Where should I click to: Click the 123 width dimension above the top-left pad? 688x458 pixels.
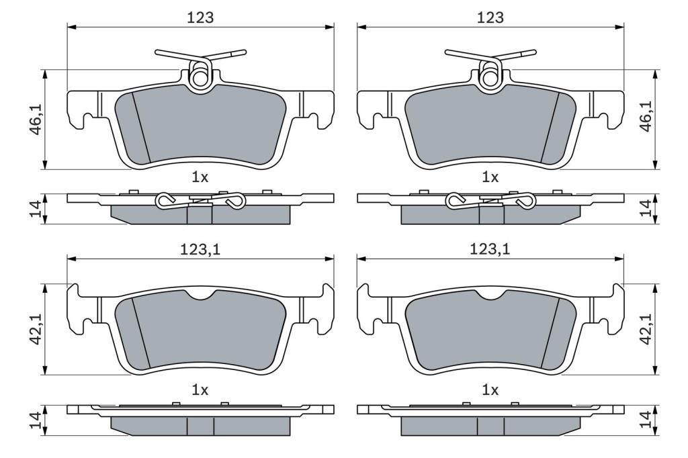(200, 17)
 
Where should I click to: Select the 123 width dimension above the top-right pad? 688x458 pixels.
(490, 17)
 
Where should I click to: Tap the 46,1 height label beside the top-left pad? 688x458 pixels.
(36, 120)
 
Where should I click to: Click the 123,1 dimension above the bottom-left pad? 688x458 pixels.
(200, 250)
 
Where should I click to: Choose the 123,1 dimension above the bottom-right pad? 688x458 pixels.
(490, 250)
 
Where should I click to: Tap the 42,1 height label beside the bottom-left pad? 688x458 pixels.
(36, 329)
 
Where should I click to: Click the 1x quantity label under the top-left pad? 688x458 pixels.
(200, 177)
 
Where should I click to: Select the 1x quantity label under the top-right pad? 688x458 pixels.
(490, 177)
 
